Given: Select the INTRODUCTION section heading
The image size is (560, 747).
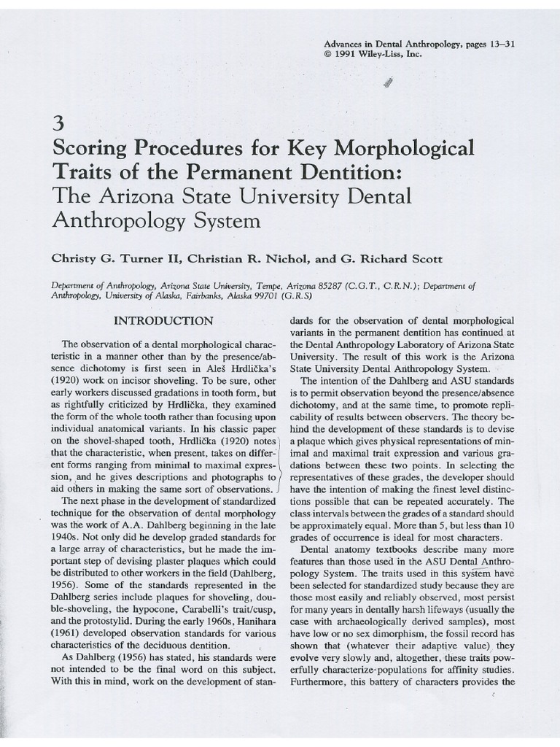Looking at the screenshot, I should tap(162, 321).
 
